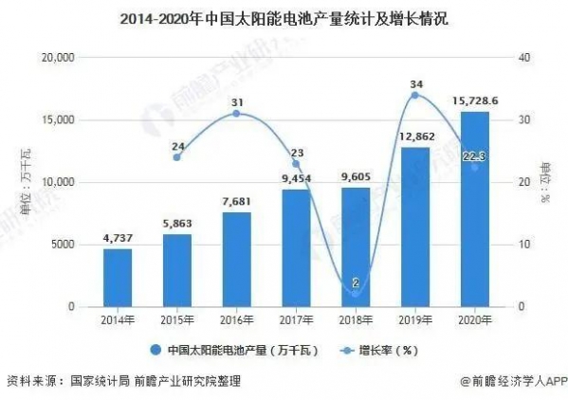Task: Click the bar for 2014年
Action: (118, 278)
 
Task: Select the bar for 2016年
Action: (237, 260)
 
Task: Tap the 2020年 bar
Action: (474, 209)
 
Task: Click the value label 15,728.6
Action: (474, 101)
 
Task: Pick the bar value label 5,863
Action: (177, 225)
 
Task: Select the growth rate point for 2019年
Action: (415, 96)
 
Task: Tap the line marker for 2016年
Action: (237, 114)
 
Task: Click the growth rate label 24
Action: (177, 146)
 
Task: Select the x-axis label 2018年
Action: (356, 319)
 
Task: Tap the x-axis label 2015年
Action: (177, 319)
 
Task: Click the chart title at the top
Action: (284, 19)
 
